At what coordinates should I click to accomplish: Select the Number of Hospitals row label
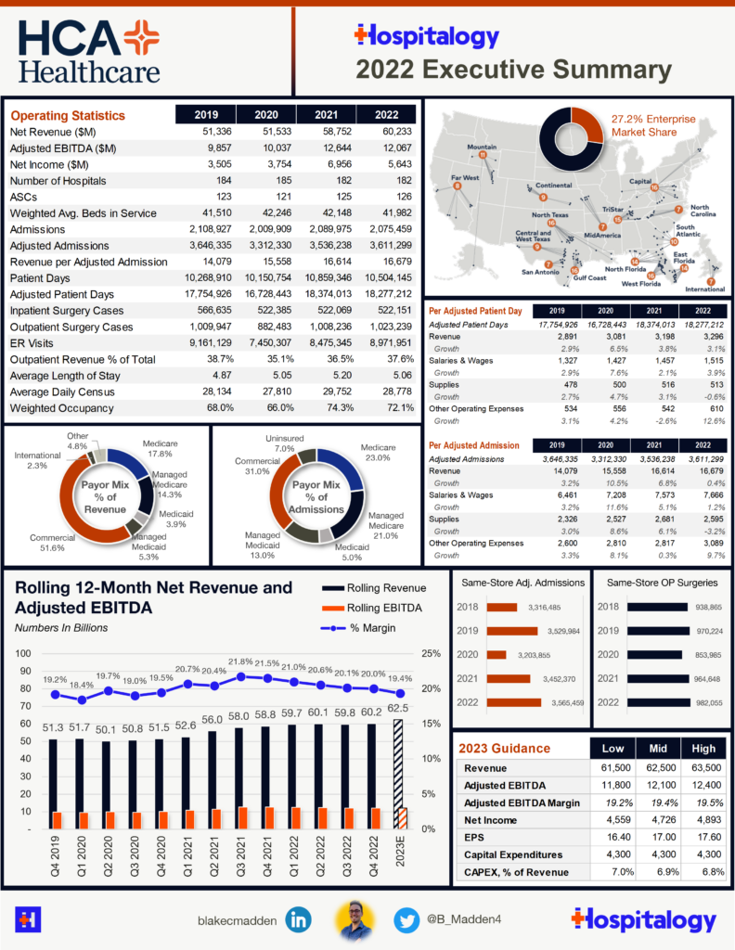(58, 181)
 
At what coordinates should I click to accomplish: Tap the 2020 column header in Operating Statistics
(265, 115)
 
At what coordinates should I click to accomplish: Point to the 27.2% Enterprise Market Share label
(651, 125)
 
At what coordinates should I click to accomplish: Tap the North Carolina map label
(700, 212)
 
